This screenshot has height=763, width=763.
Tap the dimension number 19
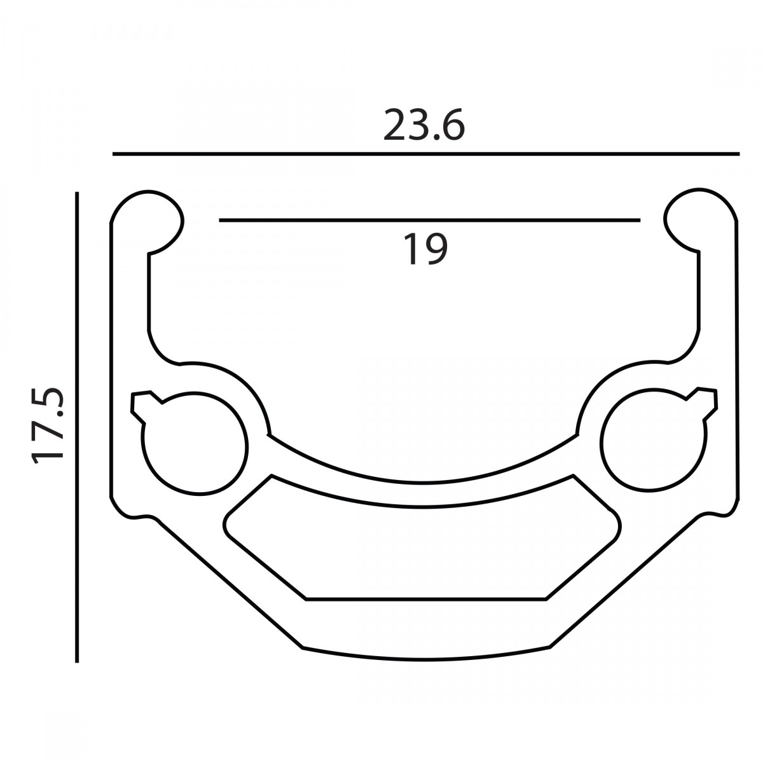(425, 249)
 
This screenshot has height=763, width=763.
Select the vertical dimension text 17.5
(48, 425)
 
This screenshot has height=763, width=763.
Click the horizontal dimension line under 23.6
(426, 154)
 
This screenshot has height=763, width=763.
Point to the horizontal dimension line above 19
(430, 220)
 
